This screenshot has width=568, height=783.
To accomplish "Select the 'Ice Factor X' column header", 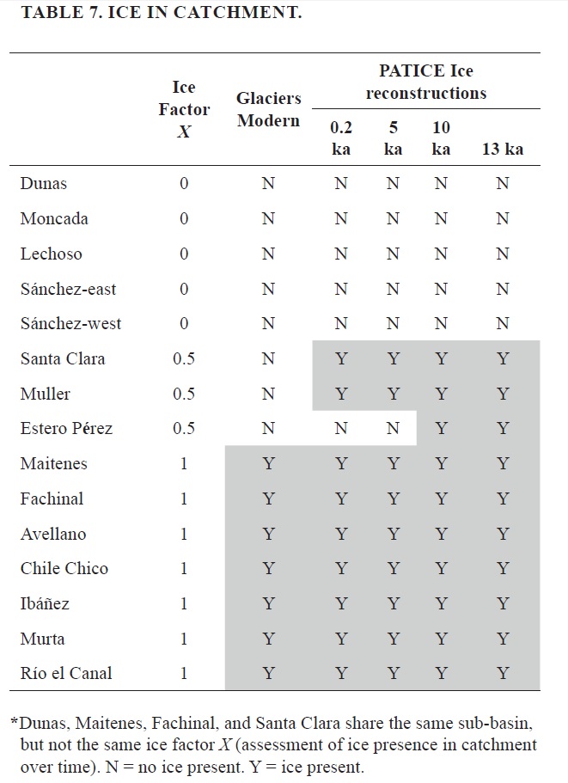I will click(x=184, y=109).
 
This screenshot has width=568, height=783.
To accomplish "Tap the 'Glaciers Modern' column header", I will click(x=268, y=110).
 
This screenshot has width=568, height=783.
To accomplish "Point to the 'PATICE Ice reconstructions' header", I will click(x=425, y=82).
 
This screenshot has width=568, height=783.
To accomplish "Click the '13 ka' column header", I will click(x=503, y=149).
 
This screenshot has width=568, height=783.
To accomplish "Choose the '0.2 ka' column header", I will click(x=341, y=138).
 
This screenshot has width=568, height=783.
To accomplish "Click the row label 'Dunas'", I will click(x=44, y=183).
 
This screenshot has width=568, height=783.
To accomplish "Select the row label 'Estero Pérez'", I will click(x=66, y=429).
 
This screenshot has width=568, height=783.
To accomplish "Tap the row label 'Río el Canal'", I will click(x=66, y=674).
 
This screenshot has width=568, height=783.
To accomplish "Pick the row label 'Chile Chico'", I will click(x=64, y=569).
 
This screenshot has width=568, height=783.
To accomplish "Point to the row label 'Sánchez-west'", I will click(x=70, y=324).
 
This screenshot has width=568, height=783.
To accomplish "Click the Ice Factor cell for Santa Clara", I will click(x=184, y=358).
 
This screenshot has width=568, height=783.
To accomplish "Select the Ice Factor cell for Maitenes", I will click(x=184, y=464).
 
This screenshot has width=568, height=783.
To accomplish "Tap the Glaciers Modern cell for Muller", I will click(x=268, y=394).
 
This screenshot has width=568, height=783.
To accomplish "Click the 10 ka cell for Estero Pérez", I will click(x=441, y=429).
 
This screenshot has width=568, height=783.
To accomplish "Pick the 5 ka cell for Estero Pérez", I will click(x=393, y=429).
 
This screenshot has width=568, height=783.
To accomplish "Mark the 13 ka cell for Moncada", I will click(x=503, y=218).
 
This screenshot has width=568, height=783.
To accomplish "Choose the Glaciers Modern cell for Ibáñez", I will click(x=268, y=604).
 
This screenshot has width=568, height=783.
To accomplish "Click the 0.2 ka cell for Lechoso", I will click(x=341, y=254).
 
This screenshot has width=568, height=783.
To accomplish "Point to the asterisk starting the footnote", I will click(x=14, y=723).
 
